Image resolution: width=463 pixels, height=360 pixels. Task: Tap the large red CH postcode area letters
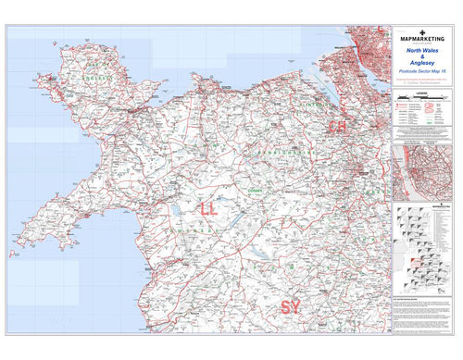point(336,126)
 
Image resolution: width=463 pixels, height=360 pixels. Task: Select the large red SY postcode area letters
point(293,306)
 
